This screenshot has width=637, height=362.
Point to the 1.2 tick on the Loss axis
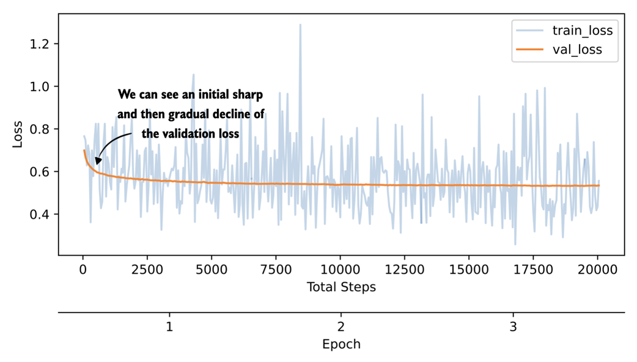[41, 44]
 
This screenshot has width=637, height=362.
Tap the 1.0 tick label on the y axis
[41, 87]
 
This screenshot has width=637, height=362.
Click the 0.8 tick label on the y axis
[41, 129]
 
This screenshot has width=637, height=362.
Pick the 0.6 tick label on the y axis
[41, 172]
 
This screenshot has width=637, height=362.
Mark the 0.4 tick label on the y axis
[41, 214]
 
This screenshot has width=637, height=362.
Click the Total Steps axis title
[341, 287]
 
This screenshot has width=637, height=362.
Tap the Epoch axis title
[341, 344]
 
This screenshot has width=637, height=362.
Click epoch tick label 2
[341, 327]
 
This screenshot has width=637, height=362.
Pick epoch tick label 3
[513, 327]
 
